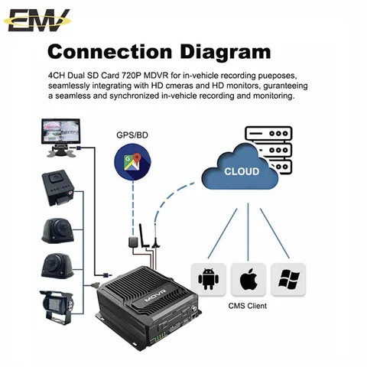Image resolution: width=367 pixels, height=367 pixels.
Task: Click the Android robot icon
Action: click(x=207, y=279)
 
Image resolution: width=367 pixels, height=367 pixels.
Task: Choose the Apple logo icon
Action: click(x=247, y=279)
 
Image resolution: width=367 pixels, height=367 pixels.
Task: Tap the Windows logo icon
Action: click(x=287, y=279)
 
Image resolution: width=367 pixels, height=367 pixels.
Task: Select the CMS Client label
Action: click(x=248, y=305)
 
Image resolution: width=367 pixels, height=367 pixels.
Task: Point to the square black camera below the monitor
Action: click(x=58, y=186)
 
